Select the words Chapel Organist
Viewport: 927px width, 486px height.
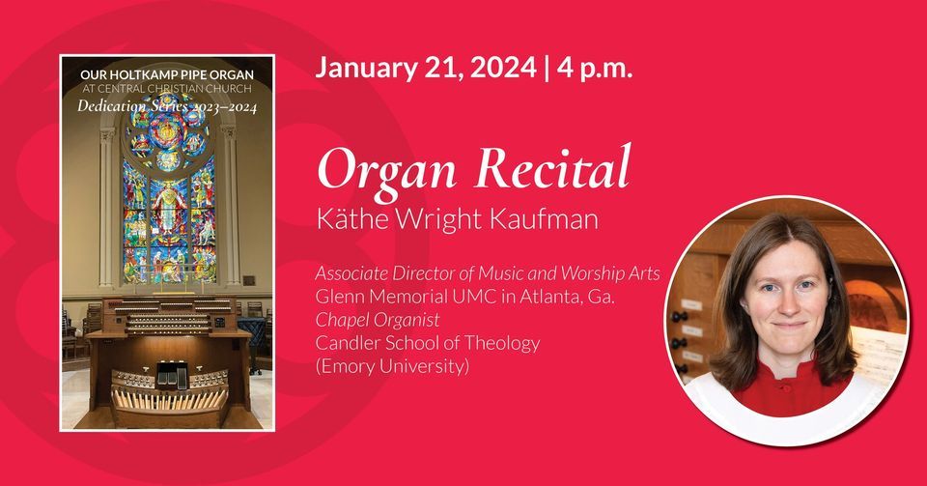(374, 320)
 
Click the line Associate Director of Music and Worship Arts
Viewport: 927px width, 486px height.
(488, 273)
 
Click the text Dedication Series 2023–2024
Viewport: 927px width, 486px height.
(167, 106)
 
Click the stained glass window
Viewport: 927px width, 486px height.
(168, 203)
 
